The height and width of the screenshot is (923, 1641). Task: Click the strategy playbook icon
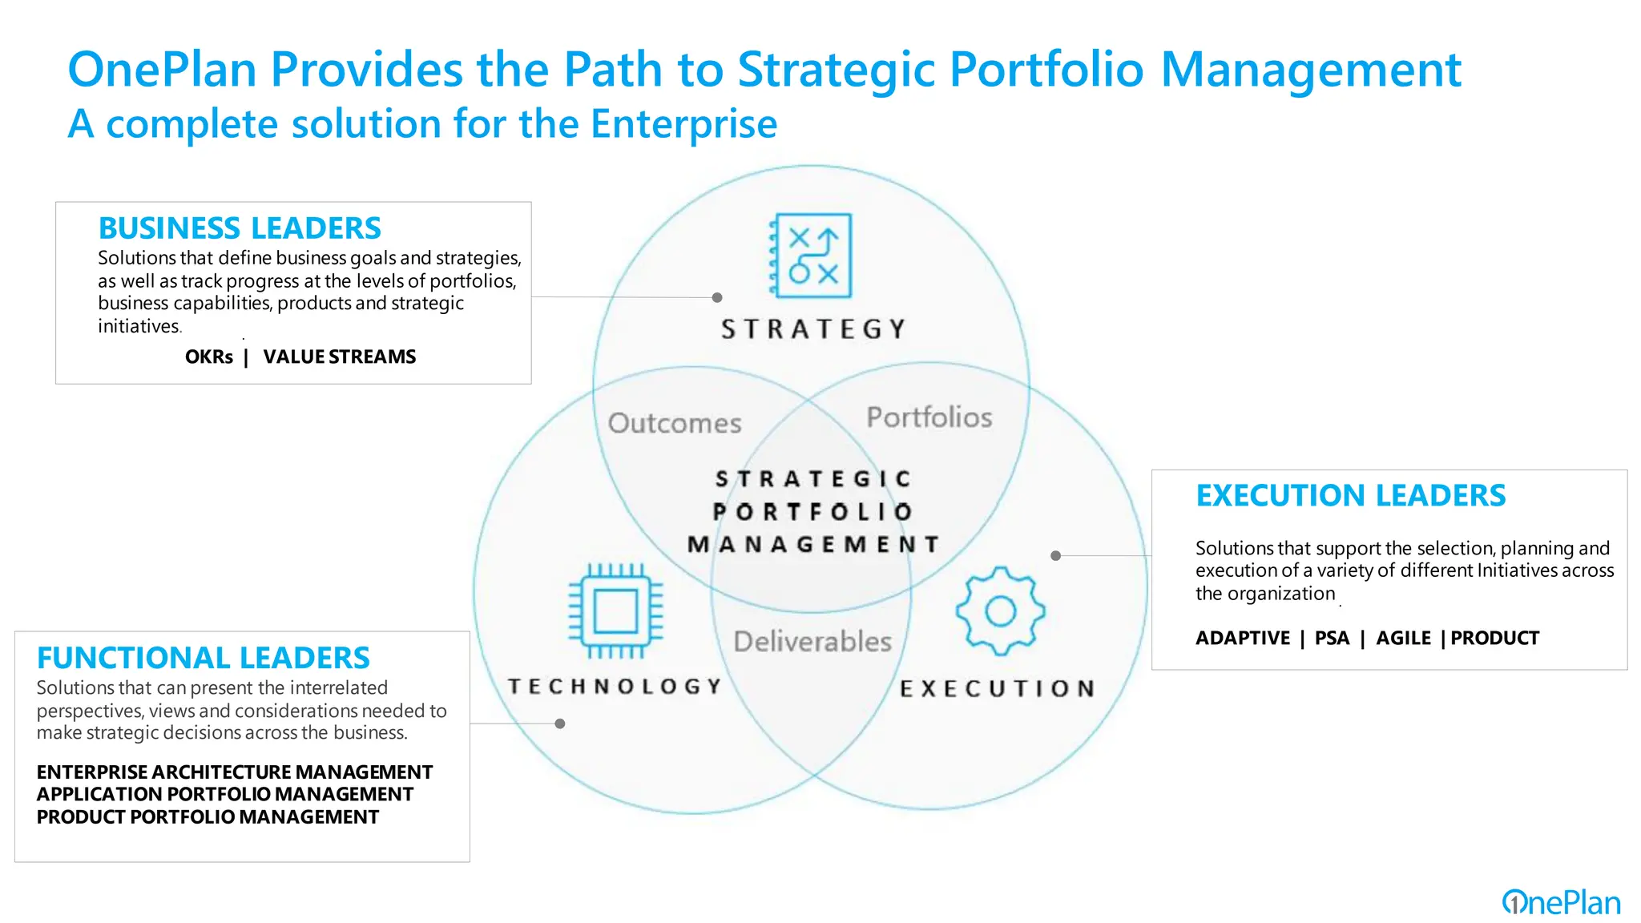(x=811, y=256)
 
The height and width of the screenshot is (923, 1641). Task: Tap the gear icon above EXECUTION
(x=1000, y=611)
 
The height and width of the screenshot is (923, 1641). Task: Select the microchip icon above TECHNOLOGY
(x=615, y=611)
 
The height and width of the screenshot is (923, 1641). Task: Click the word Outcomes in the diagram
(x=675, y=423)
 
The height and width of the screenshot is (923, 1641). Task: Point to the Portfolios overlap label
(x=929, y=417)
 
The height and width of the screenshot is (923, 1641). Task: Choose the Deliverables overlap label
(x=812, y=642)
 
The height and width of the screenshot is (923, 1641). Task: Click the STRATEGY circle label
(x=813, y=329)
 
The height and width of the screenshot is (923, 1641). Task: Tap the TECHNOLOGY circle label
(x=615, y=687)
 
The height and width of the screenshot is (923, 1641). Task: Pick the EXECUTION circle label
(x=998, y=689)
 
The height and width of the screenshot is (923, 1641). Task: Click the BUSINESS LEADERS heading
(x=240, y=228)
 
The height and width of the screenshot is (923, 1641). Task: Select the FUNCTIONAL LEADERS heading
(x=204, y=658)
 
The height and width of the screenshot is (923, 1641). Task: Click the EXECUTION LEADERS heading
(x=1351, y=496)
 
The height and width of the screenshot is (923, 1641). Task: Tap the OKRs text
(x=209, y=357)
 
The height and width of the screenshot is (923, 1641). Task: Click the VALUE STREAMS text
(x=340, y=357)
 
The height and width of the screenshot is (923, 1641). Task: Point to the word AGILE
(x=1403, y=639)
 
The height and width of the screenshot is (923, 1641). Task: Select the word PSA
(x=1332, y=639)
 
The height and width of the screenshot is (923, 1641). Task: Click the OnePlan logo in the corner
(x=1561, y=903)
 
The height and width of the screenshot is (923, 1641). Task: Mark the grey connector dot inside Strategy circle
(x=717, y=297)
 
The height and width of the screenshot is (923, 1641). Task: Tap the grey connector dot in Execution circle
(x=1056, y=555)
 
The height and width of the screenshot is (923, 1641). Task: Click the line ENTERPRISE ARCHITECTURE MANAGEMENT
(x=235, y=772)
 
